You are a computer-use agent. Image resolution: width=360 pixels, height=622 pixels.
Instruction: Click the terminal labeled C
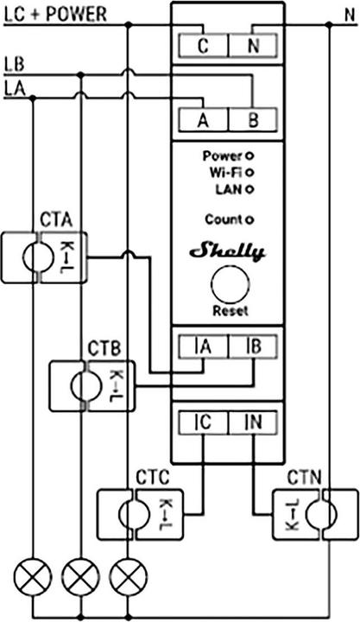click(x=201, y=47)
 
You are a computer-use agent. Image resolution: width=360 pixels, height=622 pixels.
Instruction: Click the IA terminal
click(x=203, y=347)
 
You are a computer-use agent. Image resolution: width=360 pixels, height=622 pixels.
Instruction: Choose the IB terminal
click(x=252, y=347)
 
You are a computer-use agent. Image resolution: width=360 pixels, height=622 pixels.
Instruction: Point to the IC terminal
click(x=203, y=422)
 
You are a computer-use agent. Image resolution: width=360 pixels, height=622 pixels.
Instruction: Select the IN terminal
click(x=252, y=422)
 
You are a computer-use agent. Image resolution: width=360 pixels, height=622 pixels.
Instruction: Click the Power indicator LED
click(x=249, y=156)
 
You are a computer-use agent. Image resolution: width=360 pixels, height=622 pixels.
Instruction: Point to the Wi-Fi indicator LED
click(x=249, y=172)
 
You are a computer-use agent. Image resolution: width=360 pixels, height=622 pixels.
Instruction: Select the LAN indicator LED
click(x=249, y=187)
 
